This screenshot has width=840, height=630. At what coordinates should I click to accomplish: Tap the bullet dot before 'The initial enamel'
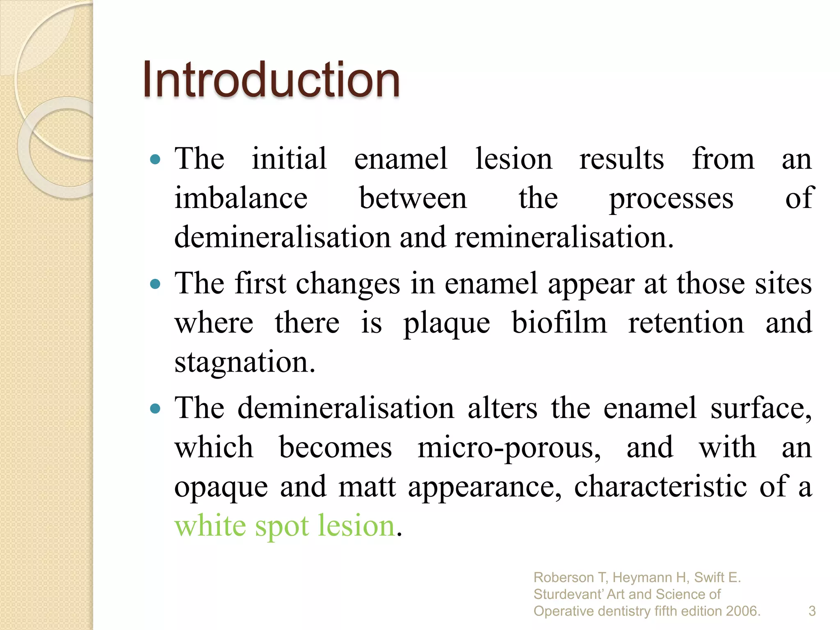click(x=155, y=159)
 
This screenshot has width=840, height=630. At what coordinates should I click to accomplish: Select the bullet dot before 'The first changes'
click(x=155, y=284)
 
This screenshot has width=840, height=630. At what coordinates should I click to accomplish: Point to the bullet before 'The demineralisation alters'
click(x=155, y=409)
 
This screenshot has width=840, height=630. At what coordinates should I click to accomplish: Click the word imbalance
click(x=241, y=198)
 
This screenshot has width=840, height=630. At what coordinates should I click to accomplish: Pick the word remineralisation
click(x=564, y=237)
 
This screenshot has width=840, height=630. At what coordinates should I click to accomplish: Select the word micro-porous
click(x=509, y=447)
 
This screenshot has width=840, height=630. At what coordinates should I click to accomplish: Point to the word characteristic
click(x=660, y=486)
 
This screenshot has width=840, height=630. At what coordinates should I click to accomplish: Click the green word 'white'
click(x=210, y=525)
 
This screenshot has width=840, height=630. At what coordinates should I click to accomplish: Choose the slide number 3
click(x=812, y=611)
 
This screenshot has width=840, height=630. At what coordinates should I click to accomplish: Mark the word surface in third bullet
click(x=760, y=409)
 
